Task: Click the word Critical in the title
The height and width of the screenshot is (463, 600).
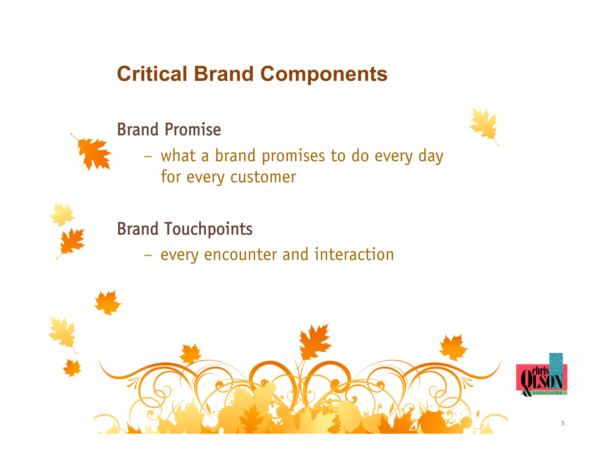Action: [152, 74]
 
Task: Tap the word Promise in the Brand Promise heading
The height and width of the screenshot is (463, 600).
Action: [192, 130]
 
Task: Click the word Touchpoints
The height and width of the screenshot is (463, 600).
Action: [208, 229]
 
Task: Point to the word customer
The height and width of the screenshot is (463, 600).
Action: [263, 177]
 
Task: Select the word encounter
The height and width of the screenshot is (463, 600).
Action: [240, 255]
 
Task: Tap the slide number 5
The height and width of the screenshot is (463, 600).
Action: [563, 423]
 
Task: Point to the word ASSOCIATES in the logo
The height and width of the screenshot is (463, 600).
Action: [547, 393]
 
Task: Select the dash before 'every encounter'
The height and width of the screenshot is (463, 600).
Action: [148, 255]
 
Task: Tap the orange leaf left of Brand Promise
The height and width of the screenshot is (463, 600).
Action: [93, 153]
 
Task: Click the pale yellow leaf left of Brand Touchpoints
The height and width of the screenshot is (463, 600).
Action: [62, 215]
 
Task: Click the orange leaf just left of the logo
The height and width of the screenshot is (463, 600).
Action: [453, 347]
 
